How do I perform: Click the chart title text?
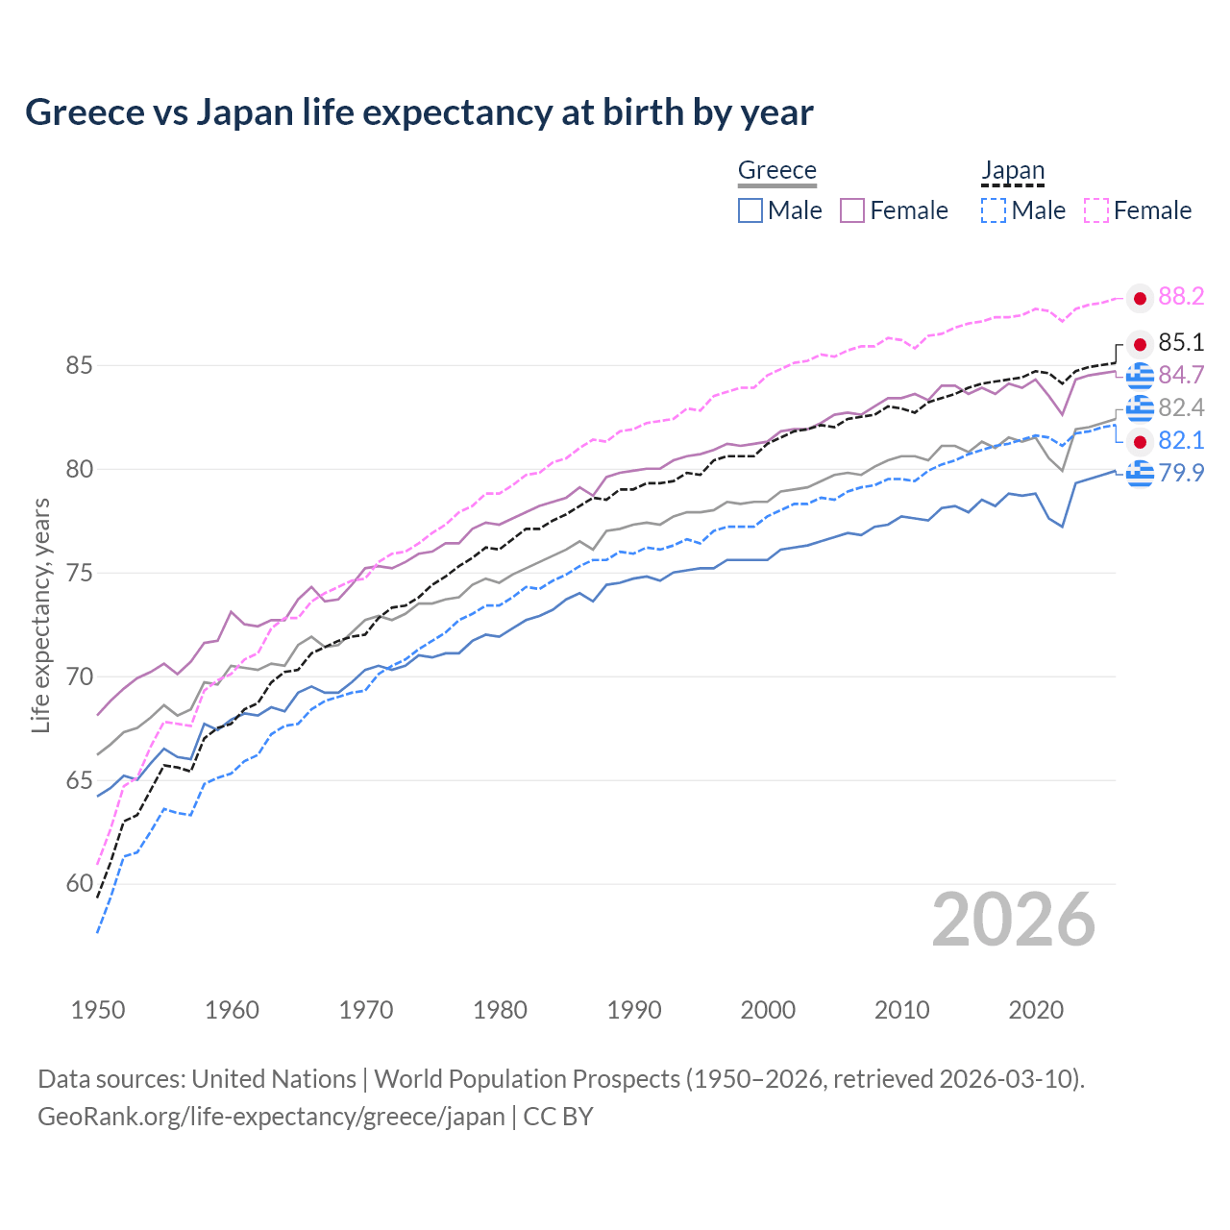pos(419,112)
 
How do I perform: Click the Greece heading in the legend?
pos(776,170)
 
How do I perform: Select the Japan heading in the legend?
pos(1012,170)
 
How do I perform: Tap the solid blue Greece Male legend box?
pos(750,210)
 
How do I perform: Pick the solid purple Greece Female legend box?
pos(852,210)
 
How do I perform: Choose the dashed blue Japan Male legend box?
pos(994,210)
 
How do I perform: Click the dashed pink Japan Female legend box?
pos(1096,210)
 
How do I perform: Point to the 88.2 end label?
pos(1181,297)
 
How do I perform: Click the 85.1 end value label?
pos(1181,343)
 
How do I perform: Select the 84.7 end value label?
pos(1181,375)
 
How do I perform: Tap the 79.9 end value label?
pos(1181,473)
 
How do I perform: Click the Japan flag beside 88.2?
pos(1140,299)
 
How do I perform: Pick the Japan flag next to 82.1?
pos(1140,442)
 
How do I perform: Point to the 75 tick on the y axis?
pos(80,574)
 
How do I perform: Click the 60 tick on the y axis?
pos(80,884)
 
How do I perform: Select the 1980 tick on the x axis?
pos(500,1010)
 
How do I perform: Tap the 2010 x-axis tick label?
pos(901,1010)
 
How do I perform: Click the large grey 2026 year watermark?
pos(1013,920)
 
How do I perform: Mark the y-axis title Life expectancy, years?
pos(41,615)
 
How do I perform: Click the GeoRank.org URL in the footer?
pos(271,1117)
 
